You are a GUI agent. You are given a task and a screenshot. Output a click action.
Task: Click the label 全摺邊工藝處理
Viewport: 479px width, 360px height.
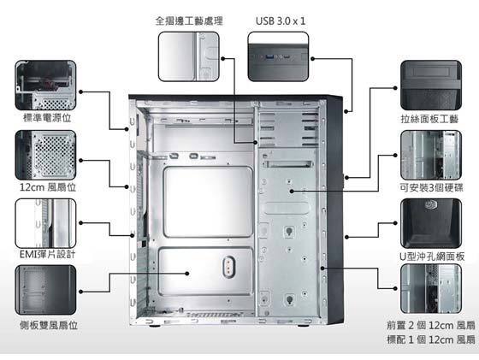(x=189, y=21)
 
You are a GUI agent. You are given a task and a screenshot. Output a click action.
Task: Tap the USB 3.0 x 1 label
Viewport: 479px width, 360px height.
(x=281, y=21)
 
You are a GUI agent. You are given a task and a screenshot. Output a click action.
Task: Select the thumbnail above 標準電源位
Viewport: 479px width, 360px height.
(x=45, y=86)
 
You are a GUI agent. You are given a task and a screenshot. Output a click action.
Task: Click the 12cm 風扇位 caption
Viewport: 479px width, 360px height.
(x=48, y=187)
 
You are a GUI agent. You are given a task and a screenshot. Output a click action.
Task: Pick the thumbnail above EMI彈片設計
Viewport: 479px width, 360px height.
(x=45, y=223)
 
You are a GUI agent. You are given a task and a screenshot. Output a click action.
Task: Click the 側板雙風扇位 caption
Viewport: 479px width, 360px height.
(x=49, y=325)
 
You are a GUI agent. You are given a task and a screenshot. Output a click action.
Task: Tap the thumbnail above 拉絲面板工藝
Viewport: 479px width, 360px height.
(x=431, y=86)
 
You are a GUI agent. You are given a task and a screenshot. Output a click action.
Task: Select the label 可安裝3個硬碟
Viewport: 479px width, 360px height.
(x=432, y=187)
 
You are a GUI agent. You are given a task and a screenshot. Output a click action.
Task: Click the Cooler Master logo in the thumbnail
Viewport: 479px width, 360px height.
(x=431, y=204)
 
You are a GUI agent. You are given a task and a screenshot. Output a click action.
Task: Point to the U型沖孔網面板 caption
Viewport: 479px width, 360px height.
(x=432, y=257)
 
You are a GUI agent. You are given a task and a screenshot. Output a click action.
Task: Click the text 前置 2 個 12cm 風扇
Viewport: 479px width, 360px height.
(x=431, y=325)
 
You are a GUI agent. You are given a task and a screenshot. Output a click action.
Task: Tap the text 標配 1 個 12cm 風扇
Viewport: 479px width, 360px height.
(x=431, y=339)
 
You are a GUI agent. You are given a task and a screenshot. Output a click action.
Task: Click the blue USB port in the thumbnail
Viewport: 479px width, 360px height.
(x=270, y=56)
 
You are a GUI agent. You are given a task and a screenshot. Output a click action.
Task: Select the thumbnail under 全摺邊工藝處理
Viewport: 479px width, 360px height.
(x=189, y=56)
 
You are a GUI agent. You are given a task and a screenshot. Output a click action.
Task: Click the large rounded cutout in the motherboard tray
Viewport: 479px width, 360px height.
(x=208, y=202)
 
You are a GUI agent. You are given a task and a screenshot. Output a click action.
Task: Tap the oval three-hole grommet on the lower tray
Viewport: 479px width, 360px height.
(x=229, y=267)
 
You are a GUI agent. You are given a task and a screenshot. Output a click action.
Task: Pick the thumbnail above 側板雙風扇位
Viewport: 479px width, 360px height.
(x=45, y=290)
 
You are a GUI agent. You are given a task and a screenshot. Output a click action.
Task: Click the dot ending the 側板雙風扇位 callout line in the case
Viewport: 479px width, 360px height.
(x=187, y=274)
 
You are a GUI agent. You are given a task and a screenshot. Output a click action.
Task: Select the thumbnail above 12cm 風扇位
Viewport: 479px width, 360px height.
(x=45, y=155)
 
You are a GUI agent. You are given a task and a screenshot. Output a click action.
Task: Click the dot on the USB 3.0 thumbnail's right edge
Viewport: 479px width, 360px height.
(x=312, y=59)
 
